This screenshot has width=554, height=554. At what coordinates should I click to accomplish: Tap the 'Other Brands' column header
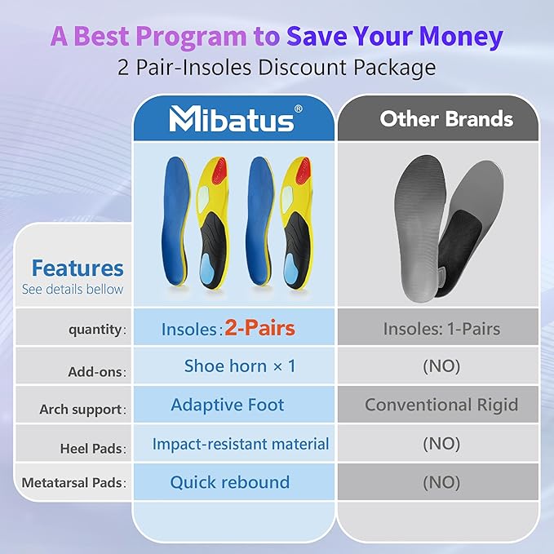point(446,118)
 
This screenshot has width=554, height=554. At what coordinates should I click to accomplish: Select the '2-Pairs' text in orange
point(259,328)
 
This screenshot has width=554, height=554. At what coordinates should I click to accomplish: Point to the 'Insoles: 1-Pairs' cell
point(441,329)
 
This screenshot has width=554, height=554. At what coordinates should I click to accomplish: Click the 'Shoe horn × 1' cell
point(240,366)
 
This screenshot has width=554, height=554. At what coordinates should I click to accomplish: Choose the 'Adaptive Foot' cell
point(227,405)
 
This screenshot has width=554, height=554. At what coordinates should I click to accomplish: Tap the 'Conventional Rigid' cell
point(441,405)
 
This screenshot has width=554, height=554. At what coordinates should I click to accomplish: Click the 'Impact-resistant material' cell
point(240,444)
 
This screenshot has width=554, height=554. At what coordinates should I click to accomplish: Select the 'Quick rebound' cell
point(229,482)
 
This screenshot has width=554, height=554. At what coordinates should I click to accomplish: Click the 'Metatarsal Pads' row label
point(72,483)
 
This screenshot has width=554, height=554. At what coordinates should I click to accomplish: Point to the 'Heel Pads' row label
point(91,449)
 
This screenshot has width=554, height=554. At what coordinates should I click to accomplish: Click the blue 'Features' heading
point(78,268)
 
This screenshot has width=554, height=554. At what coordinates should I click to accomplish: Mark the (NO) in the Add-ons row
point(441,366)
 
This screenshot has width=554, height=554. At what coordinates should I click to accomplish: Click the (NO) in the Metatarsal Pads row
point(441,482)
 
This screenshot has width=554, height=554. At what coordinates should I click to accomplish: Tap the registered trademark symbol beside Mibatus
point(298,109)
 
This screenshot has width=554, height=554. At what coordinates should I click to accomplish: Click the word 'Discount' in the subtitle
point(302,67)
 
